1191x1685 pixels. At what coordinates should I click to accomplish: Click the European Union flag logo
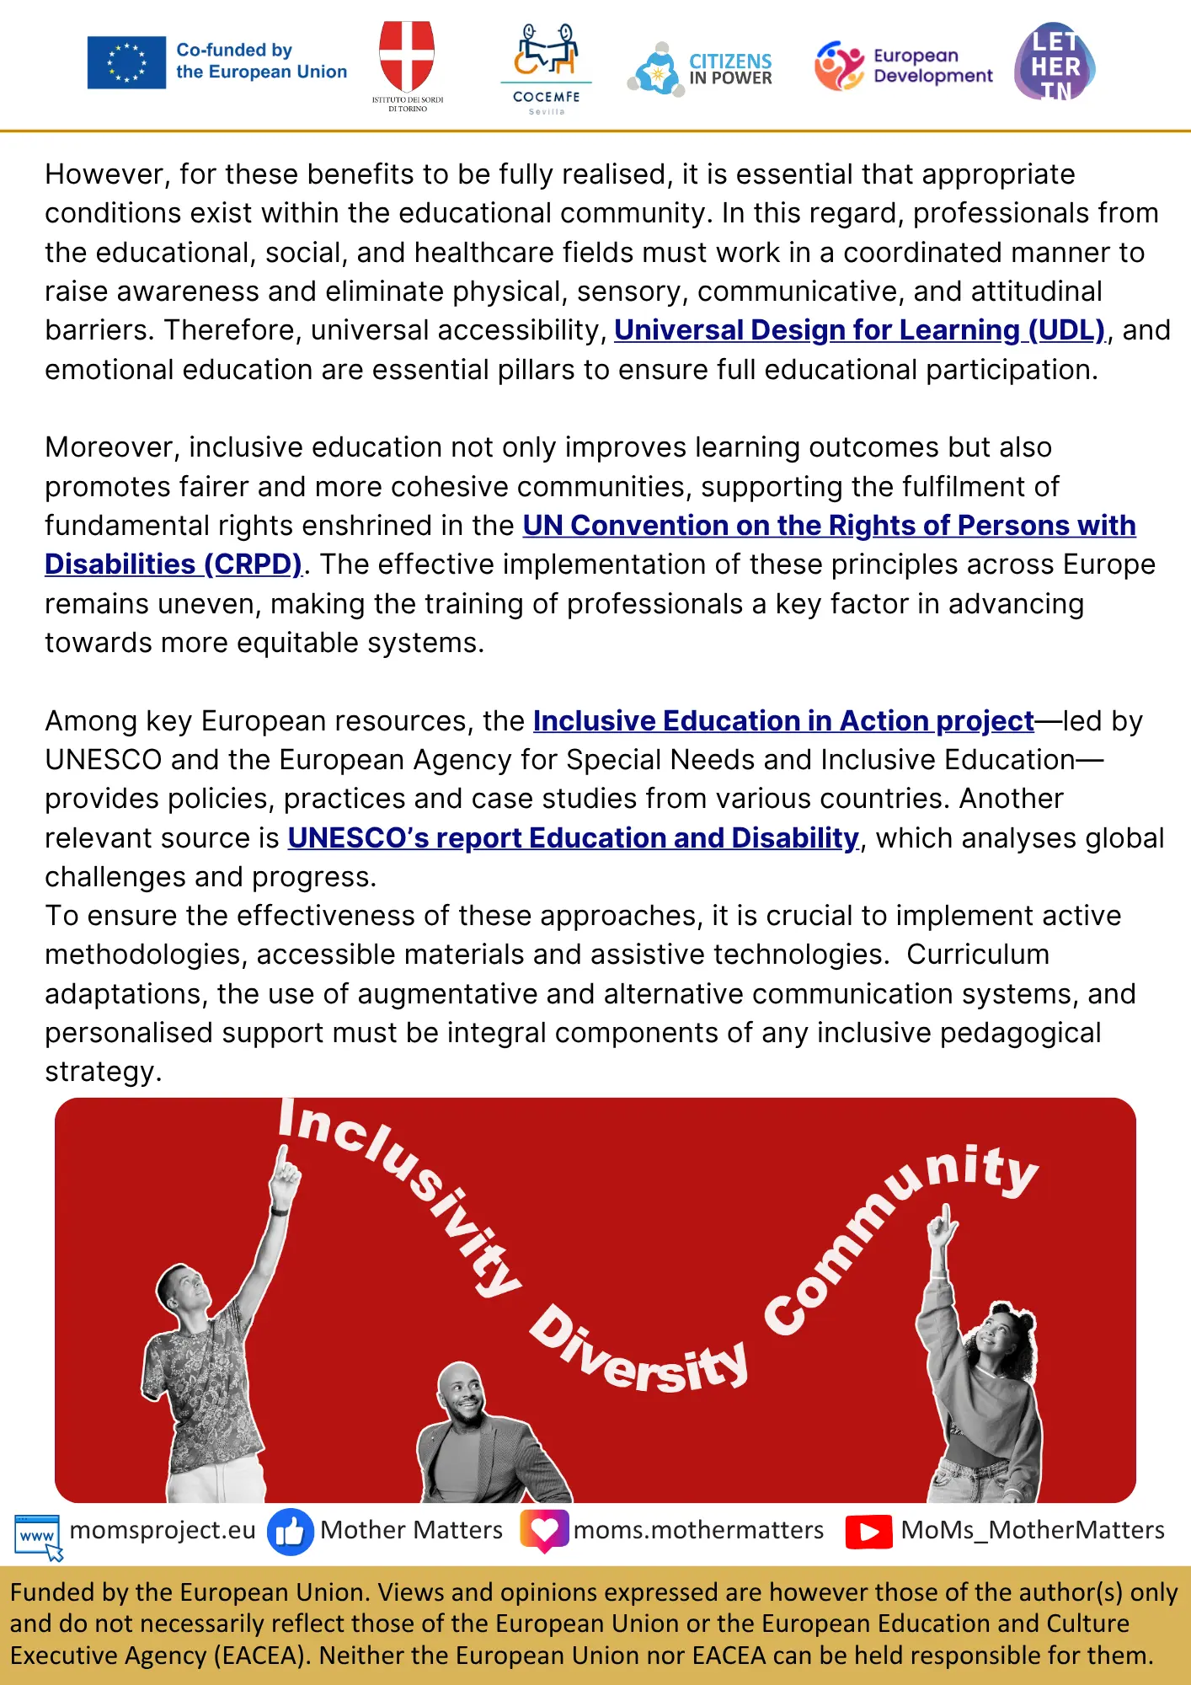tap(126, 62)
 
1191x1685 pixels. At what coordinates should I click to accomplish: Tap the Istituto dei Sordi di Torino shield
tap(407, 54)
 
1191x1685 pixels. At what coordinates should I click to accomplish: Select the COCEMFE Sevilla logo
tap(546, 67)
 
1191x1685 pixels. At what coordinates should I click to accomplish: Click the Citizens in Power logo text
tap(729, 69)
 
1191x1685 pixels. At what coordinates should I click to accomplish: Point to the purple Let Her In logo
tap(1055, 62)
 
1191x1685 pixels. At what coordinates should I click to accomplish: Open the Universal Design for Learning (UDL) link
tap(859, 330)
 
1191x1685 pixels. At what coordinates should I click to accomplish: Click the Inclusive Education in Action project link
tap(783, 721)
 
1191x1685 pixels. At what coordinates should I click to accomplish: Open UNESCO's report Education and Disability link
tap(573, 838)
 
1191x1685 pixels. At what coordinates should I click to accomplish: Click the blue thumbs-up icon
tap(291, 1532)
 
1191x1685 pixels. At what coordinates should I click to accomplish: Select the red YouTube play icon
tap(868, 1532)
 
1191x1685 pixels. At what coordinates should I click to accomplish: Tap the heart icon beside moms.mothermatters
tap(544, 1530)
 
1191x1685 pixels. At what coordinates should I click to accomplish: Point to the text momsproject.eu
tap(163, 1530)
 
